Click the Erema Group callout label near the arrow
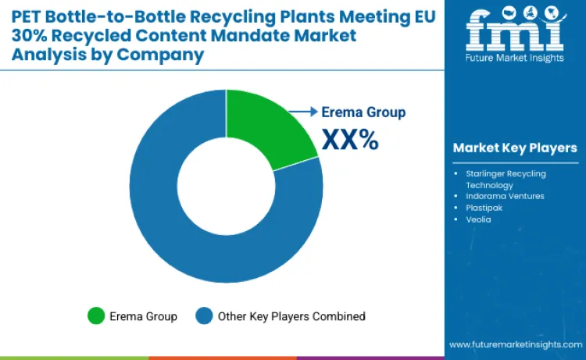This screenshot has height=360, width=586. click(x=364, y=112)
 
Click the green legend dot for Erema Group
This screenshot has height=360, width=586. click(x=96, y=316)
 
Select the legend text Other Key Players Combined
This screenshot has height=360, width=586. click(x=291, y=316)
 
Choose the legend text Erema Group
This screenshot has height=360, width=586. click(x=143, y=316)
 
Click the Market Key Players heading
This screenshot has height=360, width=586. click(x=515, y=148)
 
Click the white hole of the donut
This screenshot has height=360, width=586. click(x=226, y=186)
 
